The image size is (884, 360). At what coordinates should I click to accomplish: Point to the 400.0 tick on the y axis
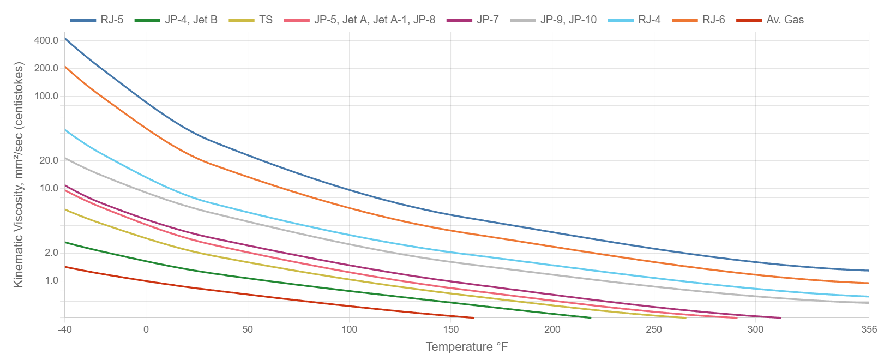click(46, 40)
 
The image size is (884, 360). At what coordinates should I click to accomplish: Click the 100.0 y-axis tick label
click(46, 96)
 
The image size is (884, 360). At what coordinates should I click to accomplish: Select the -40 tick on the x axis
click(65, 329)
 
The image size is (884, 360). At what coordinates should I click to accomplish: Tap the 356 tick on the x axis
click(868, 329)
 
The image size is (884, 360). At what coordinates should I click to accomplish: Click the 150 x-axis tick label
click(451, 329)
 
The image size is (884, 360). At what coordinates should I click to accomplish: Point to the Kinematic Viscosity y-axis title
click(20, 175)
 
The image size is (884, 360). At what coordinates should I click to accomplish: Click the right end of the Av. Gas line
click(473, 317)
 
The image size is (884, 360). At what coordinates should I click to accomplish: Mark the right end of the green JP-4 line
click(590, 317)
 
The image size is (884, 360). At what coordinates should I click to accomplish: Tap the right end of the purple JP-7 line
click(780, 317)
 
